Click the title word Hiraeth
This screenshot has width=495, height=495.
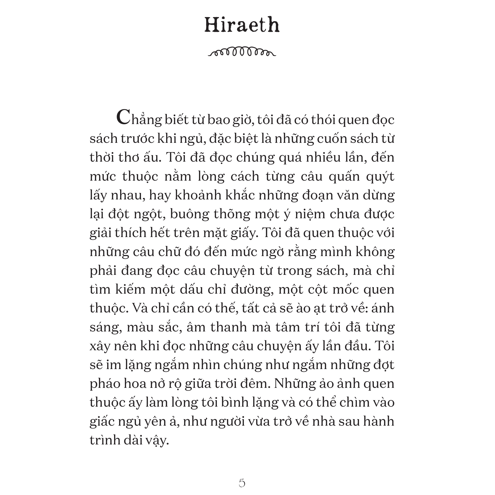pos(242,25)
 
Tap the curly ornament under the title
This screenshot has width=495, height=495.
pos(242,52)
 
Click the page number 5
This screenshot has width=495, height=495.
pos(242,483)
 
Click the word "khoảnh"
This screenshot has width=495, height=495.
pos(196,195)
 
